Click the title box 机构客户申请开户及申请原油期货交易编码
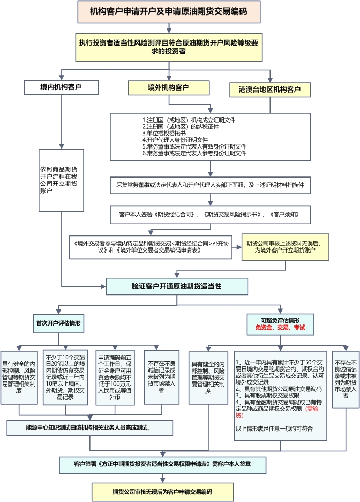(168, 11)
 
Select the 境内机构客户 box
(61, 87)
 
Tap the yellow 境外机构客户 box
(168, 87)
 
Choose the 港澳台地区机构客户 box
(270, 90)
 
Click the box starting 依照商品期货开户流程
(62, 180)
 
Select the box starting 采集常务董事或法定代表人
(210, 185)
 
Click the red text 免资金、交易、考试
(280, 328)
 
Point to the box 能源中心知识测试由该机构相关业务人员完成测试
(89, 428)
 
